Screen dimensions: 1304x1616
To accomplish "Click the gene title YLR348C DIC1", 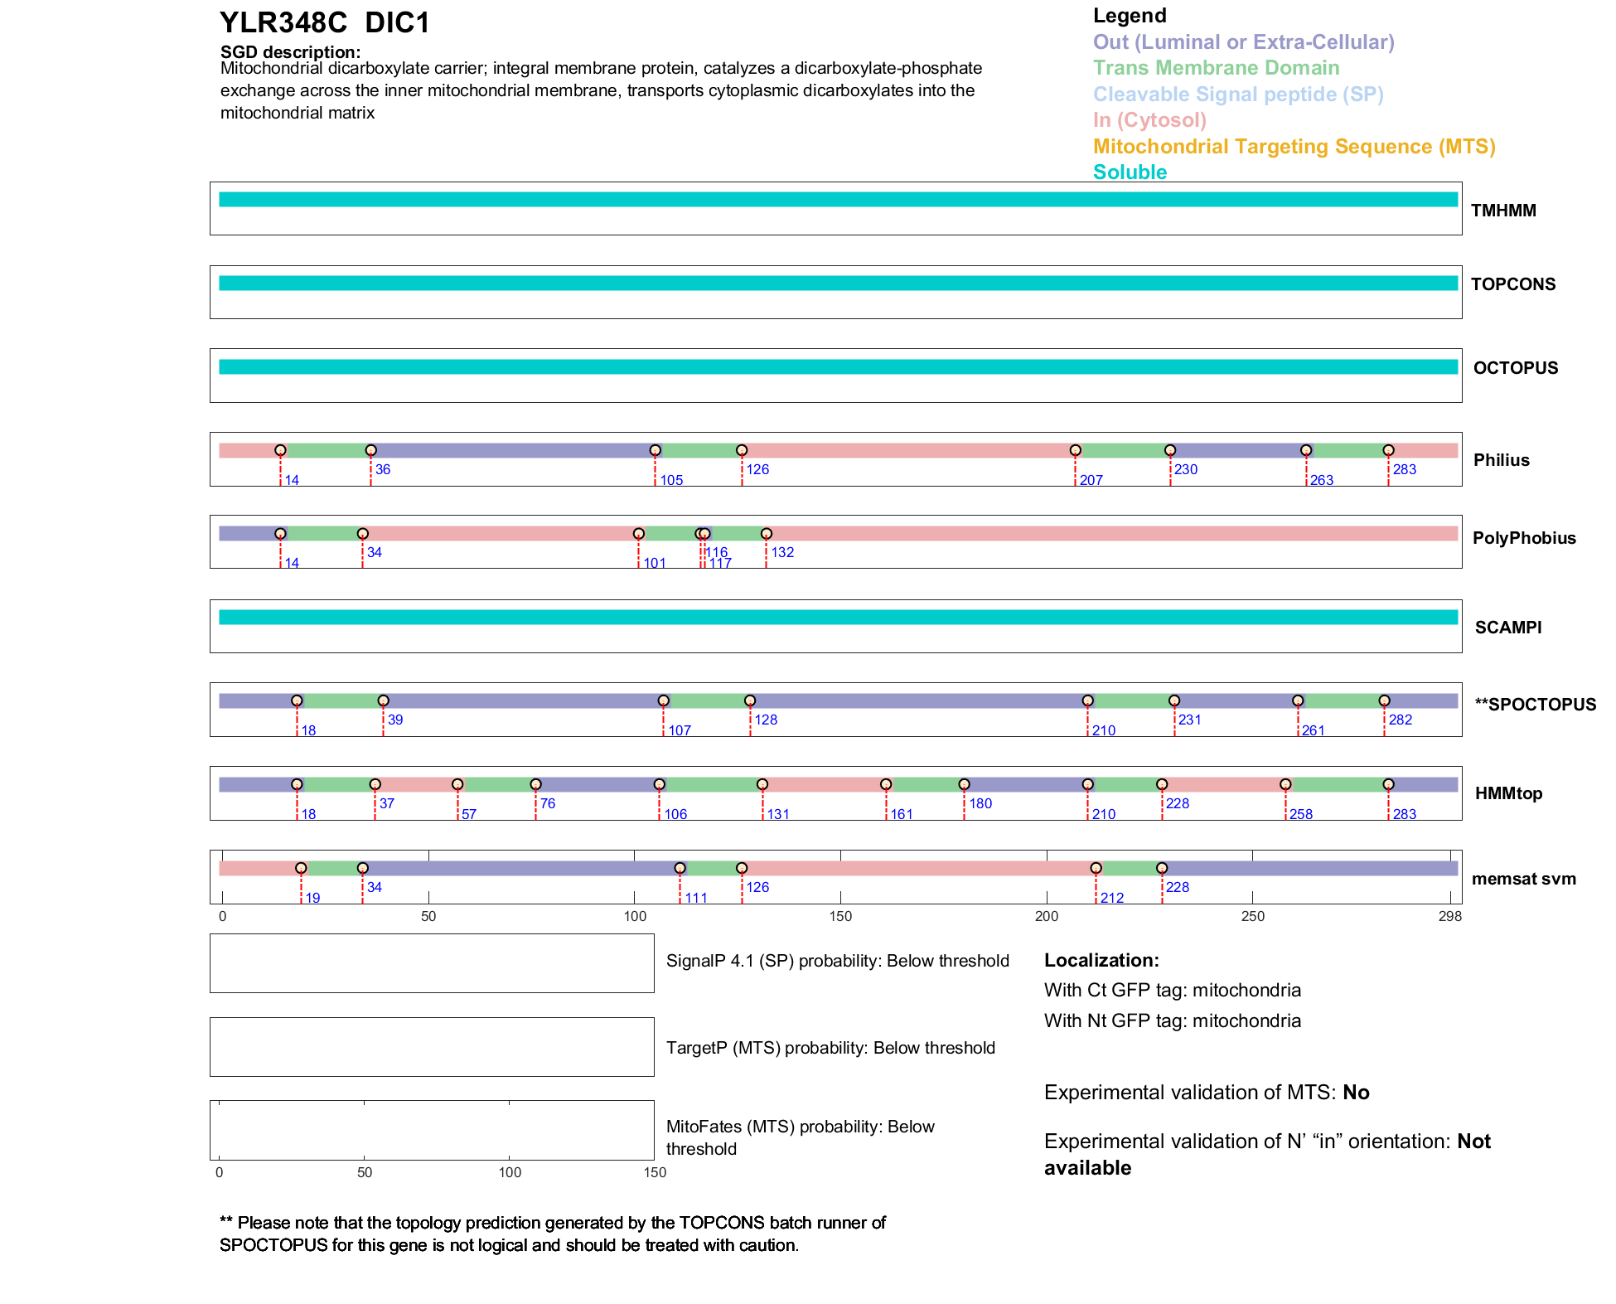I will click(x=325, y=23).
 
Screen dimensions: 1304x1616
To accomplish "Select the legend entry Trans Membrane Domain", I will click(x=1216, y=68).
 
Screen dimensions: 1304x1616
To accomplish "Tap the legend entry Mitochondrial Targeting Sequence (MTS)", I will click(x=1294, y=147).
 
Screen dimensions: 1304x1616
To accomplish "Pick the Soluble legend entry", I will click(x=1130, y=172).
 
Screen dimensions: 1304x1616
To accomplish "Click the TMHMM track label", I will click(x=1503, y=211).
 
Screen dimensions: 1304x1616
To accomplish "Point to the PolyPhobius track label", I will click(x=1524, y=538).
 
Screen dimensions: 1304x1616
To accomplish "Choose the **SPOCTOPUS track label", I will click(x=1535, y=705).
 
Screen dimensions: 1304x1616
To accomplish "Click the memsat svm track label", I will click(x=1523, y=879).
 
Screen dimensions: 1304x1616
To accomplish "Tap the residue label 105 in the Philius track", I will click(x=671, y=481).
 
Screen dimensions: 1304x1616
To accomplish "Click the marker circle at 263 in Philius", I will click(x=1306, y=450).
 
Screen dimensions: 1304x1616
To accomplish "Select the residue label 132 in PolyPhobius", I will click(x=782, y=553).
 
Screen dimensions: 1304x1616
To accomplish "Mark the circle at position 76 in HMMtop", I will click(x=535, y=784).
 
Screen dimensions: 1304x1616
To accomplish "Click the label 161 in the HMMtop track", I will click(x=902, y=815).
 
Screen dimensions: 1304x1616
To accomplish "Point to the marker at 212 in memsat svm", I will click(x=1096, y=868).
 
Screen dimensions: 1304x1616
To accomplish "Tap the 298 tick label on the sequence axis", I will click(x=1450, y=917).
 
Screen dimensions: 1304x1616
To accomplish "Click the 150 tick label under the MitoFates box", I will click(x=655, y=1172).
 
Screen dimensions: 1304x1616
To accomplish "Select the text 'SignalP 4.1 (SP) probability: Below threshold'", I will click(x=837, y=961).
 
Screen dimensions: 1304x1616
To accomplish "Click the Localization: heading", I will click(x=1101, y=961).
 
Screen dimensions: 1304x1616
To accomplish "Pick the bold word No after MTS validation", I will click(x=1356, y=1093).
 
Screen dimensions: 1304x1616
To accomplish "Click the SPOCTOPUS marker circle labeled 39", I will click(x=383, y=700).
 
